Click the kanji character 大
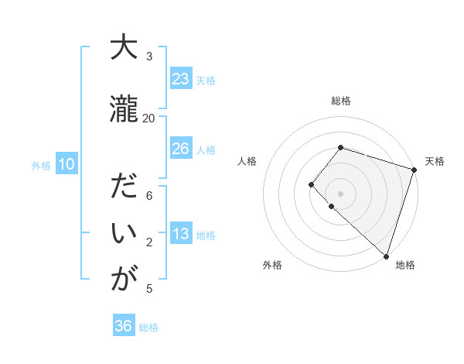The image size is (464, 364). tap(122, 48)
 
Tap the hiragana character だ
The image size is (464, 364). tap(122, 187)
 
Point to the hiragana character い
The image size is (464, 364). tap(122, 233)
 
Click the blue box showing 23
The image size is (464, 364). tap(180, 79)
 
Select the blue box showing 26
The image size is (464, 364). tap(180, 149)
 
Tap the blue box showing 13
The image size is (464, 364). tap(180, 235)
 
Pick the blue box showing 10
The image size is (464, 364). tap(66, 164)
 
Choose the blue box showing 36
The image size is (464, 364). tap(124, 326)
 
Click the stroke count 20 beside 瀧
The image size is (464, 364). tap(149, 118)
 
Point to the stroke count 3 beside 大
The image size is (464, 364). tap(149, 56)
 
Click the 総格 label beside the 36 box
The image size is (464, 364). tap(149, 328)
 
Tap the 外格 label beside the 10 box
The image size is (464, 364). tap(41, 165)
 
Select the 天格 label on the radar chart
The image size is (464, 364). tap(435, 161)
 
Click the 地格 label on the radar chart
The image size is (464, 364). tap(405, 265)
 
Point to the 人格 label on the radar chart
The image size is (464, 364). tap(247, 161)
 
